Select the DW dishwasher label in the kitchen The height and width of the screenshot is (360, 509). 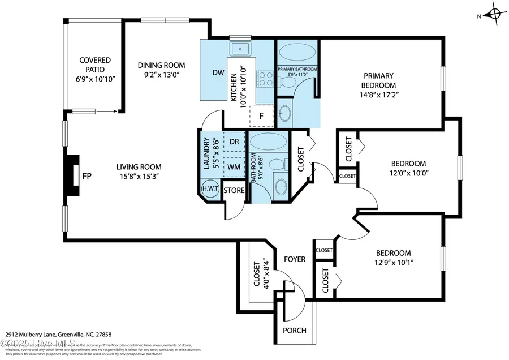(218, 72)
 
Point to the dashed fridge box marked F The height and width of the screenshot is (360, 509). (261, 115)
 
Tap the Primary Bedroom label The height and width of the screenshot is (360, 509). (379, 80)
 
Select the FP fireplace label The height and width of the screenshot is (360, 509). (87, 176)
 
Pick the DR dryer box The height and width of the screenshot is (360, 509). (234, 142)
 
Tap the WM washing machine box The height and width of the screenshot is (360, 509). (234, 166)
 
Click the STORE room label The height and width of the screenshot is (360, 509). (234, 191)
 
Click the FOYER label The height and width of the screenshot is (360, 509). (294, 259)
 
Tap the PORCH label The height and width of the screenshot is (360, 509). (294, 331)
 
